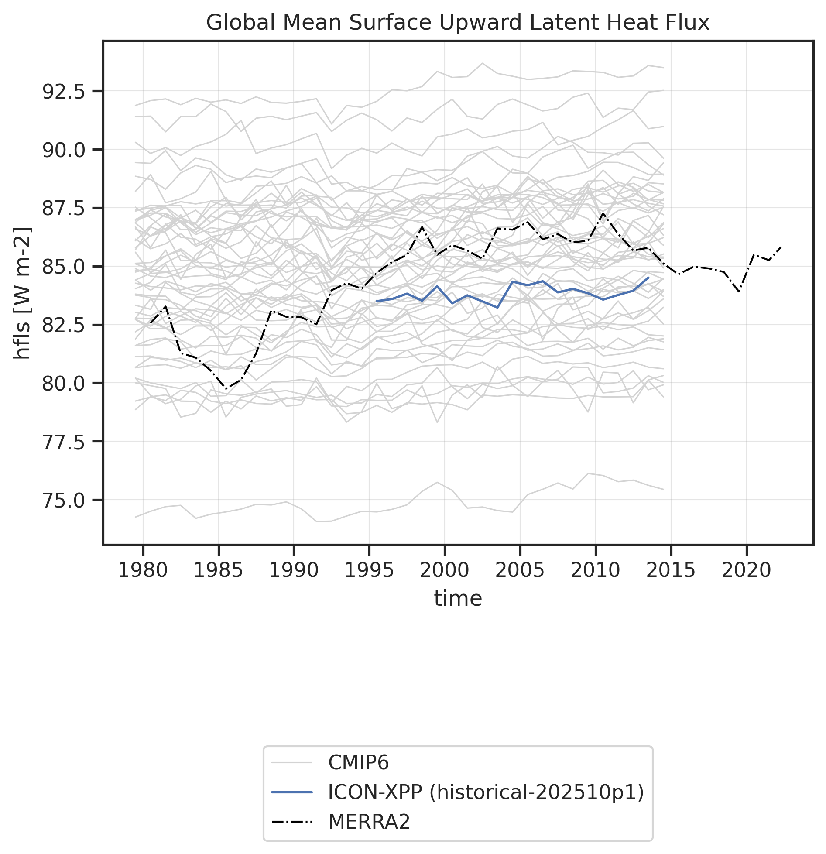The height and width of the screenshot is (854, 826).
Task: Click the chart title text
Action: click(458, 23)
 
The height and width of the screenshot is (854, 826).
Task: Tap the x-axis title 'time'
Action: click(458, 598)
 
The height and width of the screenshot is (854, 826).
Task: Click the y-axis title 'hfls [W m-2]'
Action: click(22, 293)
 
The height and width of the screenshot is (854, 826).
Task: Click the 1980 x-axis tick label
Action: click(143, 570)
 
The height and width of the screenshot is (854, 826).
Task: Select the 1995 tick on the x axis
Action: click(369, 570)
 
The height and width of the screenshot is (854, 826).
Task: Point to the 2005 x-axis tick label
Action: click(520, 570)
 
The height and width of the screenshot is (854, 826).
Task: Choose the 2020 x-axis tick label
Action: click(747, 570)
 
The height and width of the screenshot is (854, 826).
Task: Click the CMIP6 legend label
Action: click(358, 762)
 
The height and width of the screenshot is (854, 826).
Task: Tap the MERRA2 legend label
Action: click(369, 822)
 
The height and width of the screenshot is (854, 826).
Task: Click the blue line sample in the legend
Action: click(292, 792)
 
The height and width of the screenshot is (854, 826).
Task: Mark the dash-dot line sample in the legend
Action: click(292, 822)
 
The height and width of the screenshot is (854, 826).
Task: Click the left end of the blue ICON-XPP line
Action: click(377, 301)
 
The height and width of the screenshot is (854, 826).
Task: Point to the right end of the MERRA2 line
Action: click(781, 247)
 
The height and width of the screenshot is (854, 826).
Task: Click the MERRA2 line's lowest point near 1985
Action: click(226, 389)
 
